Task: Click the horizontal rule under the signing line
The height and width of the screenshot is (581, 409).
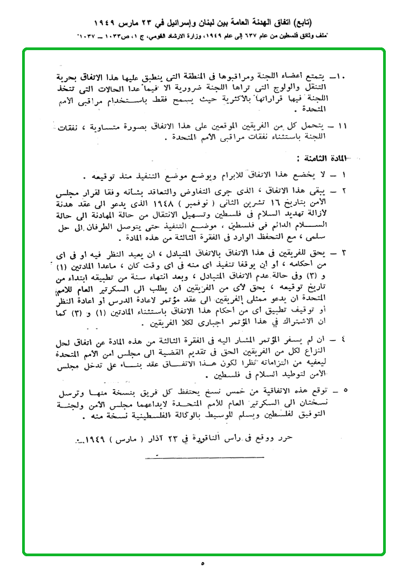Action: click(204, 458)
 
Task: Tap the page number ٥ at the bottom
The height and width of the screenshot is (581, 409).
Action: click(203, 563)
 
